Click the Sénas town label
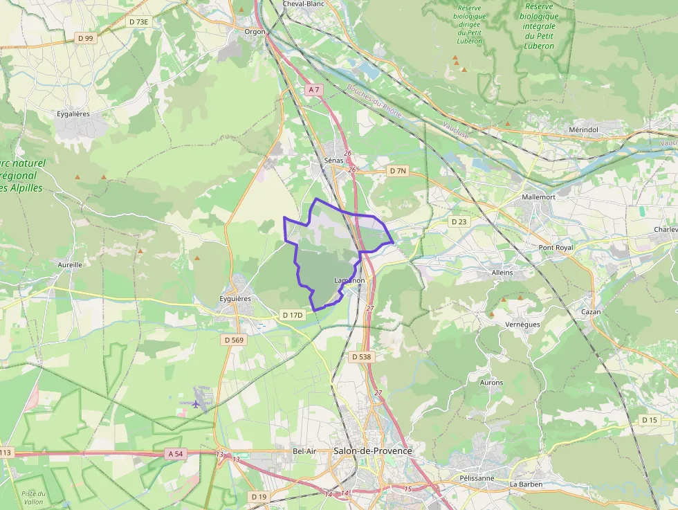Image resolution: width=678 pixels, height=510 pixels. (333, 161)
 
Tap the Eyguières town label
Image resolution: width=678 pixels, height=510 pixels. (233, 299)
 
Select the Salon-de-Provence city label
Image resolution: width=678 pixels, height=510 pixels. (372, 451)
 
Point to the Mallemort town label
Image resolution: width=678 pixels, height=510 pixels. (539, 197)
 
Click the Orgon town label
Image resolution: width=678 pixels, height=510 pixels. (255, 31)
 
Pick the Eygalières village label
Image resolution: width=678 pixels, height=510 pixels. (73, 113)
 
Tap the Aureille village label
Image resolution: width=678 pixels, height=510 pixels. (70, 264)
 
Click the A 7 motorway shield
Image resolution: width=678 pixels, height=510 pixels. (314, 90)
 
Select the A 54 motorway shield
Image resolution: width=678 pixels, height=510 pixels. (176, 453)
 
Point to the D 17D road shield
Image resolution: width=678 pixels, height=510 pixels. (293, 315)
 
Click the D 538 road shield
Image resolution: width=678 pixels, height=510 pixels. (360, 357)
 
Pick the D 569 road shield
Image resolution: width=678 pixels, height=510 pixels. (235, 340)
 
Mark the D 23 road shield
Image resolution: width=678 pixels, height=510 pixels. (459, 222)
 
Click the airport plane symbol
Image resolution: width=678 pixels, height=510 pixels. (197, 403)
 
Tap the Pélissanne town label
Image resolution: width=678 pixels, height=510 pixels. (477, 478)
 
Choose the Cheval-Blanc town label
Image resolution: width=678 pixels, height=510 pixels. (303, 4)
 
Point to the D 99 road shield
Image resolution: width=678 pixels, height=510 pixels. (85, 38)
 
